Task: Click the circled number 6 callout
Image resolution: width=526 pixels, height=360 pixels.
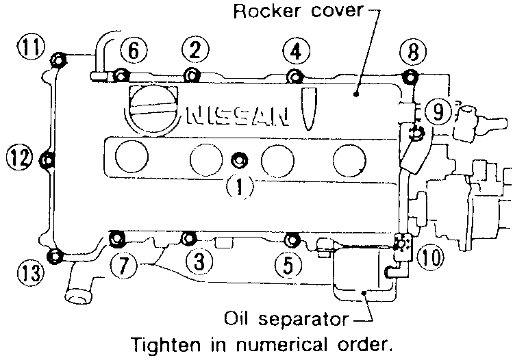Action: (134, 49)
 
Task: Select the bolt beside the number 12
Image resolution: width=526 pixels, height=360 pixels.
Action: (49, 161)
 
